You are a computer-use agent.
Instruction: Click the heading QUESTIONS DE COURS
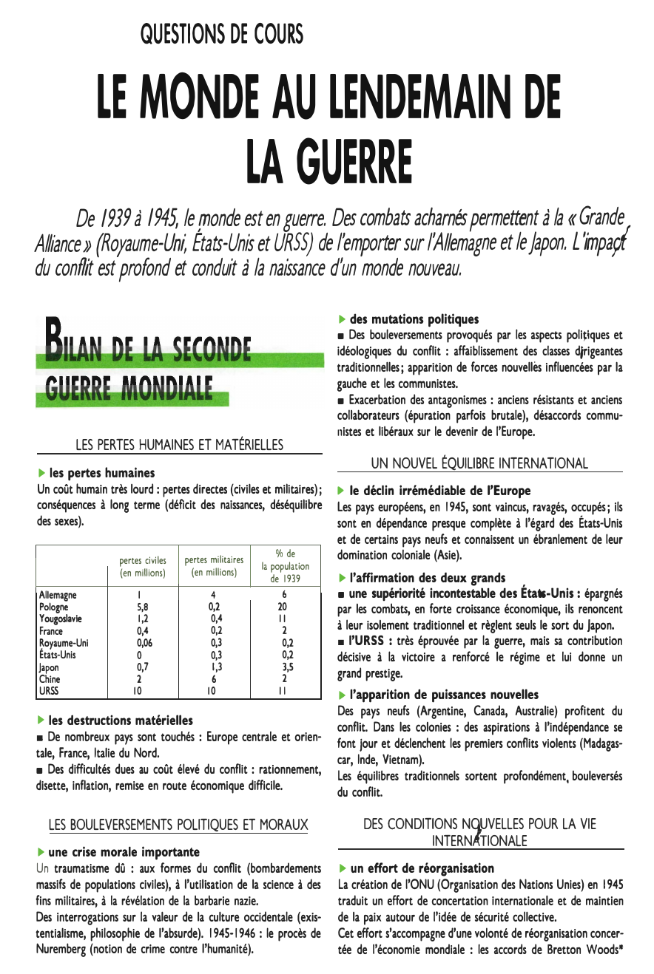(x=221, y=34)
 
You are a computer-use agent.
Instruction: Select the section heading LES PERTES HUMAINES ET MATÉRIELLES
(x=180, y=445)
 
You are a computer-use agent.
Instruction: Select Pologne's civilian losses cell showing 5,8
(x=140, y=607)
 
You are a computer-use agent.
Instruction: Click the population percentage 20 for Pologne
(x=283, y=607)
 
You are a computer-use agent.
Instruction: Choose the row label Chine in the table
(x=50, y=679)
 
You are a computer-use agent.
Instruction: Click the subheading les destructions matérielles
(x=120, y=721)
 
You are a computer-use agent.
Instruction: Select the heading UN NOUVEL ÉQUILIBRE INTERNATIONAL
(x=479, y=463)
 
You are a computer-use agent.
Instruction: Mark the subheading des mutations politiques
(x=414, y=319)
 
